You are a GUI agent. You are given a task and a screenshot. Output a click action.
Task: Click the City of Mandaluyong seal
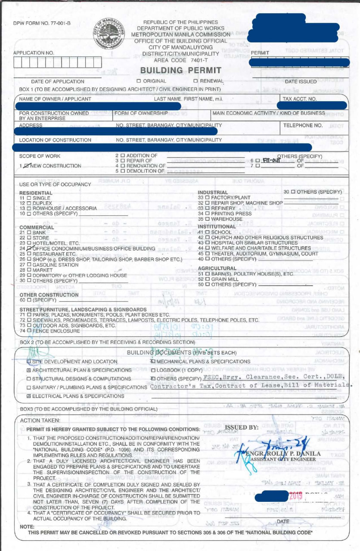(x=109, y=33)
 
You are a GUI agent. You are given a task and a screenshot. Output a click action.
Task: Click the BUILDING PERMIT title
(x=181, y=70)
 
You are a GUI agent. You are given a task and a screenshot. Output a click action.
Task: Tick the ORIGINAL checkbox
(x=139, y=81)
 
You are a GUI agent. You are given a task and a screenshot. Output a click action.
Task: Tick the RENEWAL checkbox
(x=196, y=81)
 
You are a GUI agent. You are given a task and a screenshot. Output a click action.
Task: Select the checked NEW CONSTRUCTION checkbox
(x=27, y=166)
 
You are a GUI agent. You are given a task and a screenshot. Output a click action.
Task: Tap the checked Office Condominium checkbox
(x=29, y=248)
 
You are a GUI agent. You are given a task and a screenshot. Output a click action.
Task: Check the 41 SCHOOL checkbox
(x=207, y=232)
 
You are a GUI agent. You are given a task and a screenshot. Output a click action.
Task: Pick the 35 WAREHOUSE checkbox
(x=207, y=219)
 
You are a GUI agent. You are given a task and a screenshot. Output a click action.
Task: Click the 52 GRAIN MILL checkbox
(x=207, y=279)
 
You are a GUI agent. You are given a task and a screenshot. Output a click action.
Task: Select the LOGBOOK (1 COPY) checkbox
(x=153, y=370)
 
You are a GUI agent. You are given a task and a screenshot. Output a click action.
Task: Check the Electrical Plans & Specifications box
(x=29, y=396)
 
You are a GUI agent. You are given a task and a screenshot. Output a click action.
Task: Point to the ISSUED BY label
(x=242, y=427)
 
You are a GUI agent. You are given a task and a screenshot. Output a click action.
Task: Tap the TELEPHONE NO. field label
(x=303, y=126)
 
